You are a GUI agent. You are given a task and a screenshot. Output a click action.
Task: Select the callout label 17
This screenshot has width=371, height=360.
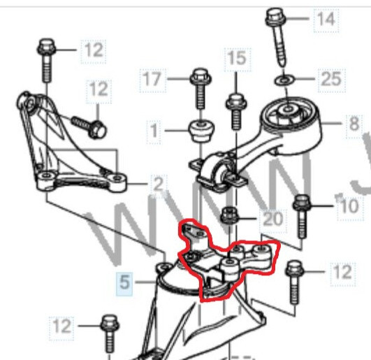coord(153,79)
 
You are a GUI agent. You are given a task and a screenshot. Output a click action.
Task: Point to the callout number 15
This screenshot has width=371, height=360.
coord(237,58)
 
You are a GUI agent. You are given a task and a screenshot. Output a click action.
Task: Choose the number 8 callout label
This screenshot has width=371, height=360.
coord(354,124)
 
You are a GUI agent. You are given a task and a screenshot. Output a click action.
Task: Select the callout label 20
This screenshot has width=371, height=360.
coord(273,219)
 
